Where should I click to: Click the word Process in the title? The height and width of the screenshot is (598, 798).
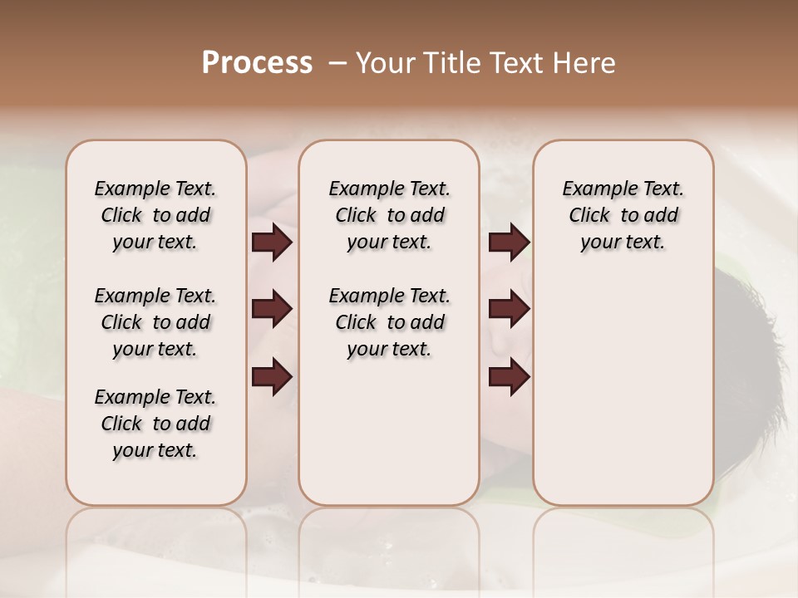coord(257,62)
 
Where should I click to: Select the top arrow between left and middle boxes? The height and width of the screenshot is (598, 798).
coord(271,242)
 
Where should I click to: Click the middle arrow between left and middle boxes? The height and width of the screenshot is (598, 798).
coord(271,309)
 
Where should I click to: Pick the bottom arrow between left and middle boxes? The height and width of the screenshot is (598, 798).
coord(271,376)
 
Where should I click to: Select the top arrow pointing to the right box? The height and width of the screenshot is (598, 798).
coord(509,242)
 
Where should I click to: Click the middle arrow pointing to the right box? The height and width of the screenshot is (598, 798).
coord(509,309)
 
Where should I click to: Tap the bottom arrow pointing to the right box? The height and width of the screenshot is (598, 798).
coord(509,376)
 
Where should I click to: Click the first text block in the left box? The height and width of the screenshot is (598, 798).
coord(155,215)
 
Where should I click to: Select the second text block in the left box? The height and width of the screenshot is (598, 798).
coord(155,322)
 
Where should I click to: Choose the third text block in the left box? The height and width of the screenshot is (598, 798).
coord(155,424)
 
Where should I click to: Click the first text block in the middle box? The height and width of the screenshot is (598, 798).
coord(389,215)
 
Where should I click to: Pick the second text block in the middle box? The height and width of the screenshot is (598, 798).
coord(389,322)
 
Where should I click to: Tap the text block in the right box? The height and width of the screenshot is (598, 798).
coord(623,215)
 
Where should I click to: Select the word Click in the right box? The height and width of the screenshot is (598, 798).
coord(589,216)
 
